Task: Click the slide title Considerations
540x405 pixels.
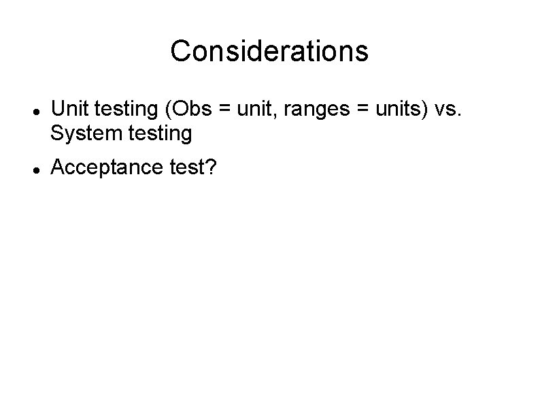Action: point(269,51)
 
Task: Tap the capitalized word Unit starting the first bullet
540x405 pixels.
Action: point(68,109)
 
